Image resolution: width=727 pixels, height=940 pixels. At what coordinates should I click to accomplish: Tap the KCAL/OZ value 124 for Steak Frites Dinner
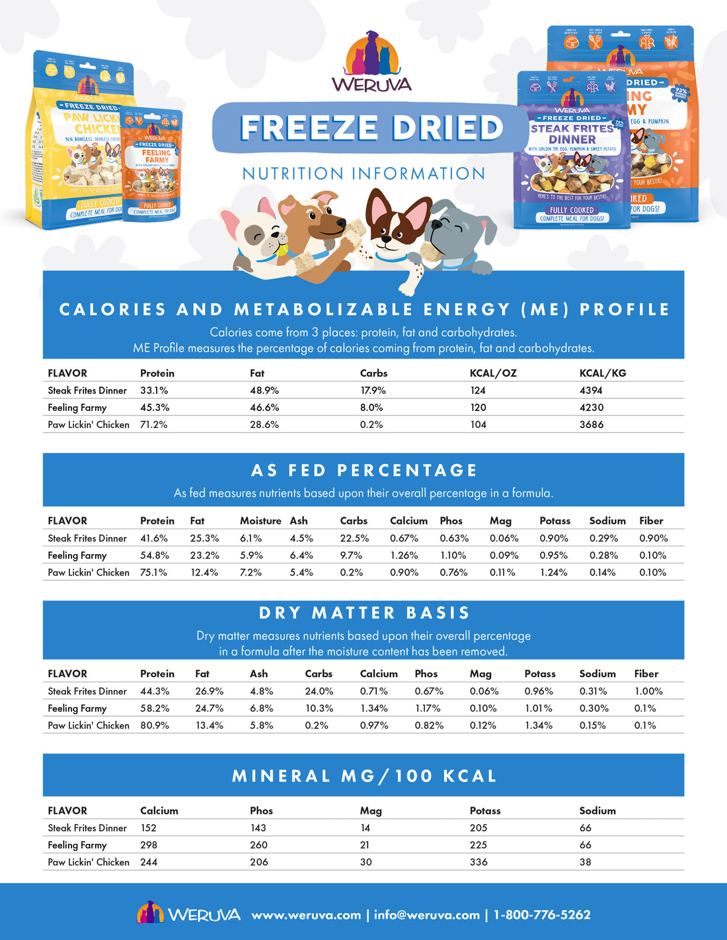(x=478, y=390)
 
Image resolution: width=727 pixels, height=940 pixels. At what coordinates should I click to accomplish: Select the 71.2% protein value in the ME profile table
(x=153, y=425)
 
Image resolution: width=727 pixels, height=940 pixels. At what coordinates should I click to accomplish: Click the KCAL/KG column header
(x=603, y=373)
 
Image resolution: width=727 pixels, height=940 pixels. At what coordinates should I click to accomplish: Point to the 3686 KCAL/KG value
(x=591, y=425)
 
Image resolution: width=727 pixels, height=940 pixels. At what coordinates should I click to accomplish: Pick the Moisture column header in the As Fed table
(x=260, y=521)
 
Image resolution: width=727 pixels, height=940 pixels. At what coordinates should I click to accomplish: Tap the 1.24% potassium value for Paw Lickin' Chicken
(x=553, y=573)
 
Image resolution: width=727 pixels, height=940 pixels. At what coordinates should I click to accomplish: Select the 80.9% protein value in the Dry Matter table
(x=155, y=725)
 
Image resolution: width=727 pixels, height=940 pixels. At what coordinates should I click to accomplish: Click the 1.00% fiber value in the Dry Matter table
(x=648, y=691)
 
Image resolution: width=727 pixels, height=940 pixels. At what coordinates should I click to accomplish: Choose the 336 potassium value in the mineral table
(x=478, y=862)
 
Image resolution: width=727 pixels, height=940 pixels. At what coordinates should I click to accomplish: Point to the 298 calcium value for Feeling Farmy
(x=149, y=845)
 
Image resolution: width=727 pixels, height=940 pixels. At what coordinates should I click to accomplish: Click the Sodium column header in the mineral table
(x=597, y=811)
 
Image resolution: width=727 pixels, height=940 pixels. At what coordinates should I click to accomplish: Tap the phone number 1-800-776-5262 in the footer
(x=542, y=915)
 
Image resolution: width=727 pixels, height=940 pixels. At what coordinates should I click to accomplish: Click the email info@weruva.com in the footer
(x=426, y=915)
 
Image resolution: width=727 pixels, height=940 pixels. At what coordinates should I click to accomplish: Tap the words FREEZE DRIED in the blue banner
(x=371, y=128)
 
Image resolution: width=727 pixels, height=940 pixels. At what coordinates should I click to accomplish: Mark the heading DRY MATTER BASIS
(x=363, y=613)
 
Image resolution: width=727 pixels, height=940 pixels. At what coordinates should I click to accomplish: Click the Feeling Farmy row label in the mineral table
(x=77, y=845)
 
